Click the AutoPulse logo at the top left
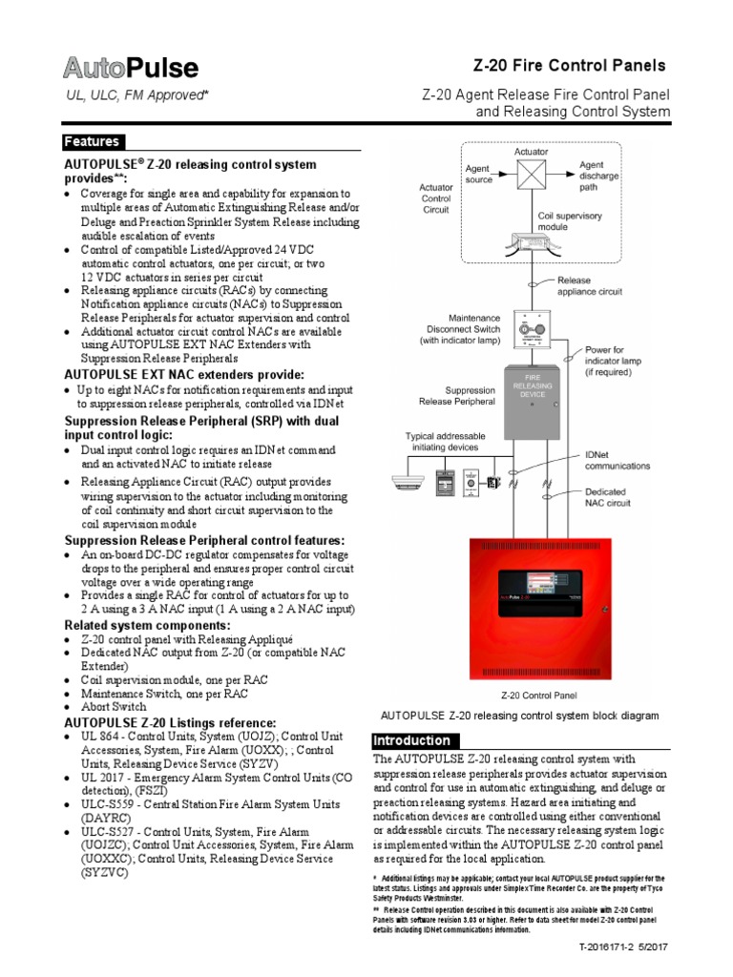pos(131,69)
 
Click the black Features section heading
pos(93,142)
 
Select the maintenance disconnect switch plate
pos(532,332)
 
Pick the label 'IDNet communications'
pos(617,461)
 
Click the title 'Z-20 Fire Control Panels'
pos(570,66)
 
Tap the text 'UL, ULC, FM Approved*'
pos(136,95)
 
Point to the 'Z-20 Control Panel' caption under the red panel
pos(532,696)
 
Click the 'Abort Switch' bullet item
pos(114,707)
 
